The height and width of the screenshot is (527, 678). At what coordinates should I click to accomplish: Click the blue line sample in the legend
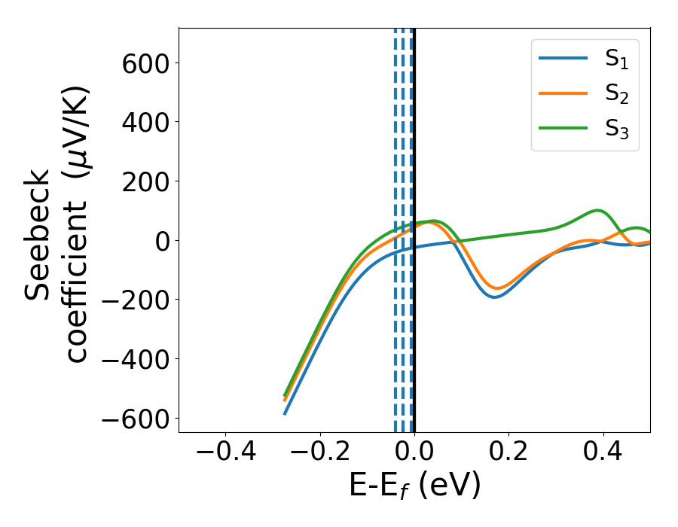(563, 59)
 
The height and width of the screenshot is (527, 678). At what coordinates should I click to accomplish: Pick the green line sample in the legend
(563, 127)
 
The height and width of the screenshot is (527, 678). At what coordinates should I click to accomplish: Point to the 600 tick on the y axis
(148, 62)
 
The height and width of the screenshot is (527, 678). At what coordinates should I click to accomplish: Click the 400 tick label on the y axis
(148, 122)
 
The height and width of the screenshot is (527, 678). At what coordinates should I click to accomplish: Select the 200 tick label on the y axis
(148, 181)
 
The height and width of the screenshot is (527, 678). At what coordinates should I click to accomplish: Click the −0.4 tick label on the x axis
(225, 454)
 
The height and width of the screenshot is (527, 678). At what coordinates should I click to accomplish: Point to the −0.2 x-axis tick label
(319, 454)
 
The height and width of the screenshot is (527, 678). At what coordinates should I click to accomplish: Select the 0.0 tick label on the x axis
(414, 454)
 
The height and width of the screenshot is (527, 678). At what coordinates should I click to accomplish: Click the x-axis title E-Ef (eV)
(414, 486)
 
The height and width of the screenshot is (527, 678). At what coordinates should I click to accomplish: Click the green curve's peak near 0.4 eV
(597, 211)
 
